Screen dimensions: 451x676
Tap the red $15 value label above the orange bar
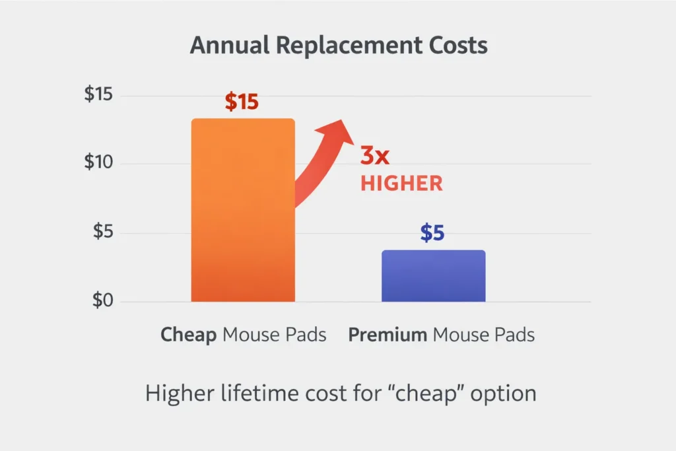[242, 102]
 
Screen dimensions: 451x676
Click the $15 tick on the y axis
[98, 94]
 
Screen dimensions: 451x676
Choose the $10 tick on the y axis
[98, 163]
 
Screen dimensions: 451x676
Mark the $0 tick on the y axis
[102, 301]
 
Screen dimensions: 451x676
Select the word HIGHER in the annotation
[401, 184]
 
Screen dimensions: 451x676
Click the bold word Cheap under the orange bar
[188, 335]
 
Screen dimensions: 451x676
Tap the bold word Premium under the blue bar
[388, 335]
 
